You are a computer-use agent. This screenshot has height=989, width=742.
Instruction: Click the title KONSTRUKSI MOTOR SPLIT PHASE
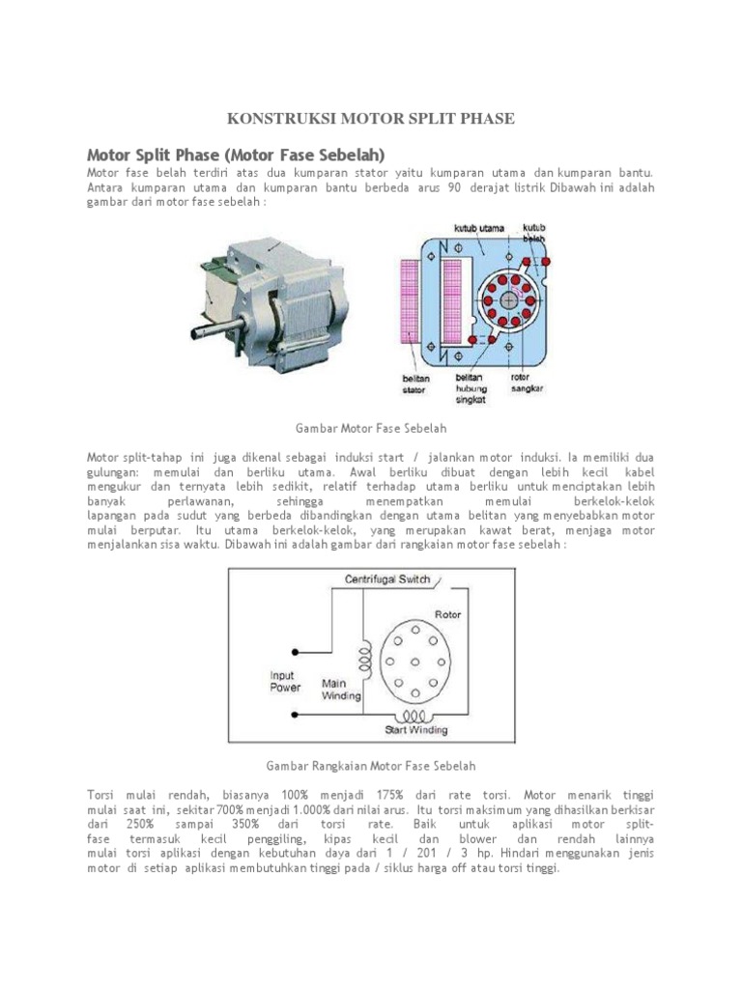point(370,119)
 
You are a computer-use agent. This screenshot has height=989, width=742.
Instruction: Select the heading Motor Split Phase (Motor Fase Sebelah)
point(236,155)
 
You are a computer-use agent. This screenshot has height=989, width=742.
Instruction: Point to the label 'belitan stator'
point(416,384)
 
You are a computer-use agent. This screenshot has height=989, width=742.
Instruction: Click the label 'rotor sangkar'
point(528,382)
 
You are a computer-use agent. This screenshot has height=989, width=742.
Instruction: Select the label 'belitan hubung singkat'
point(472,389)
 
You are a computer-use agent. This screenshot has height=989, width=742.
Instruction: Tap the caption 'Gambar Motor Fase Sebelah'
point(370,427)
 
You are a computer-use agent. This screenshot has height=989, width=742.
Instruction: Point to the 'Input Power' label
point(285,681)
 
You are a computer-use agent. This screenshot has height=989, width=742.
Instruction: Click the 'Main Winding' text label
point(341,689)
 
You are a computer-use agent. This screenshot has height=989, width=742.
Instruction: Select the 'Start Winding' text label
point(416,729)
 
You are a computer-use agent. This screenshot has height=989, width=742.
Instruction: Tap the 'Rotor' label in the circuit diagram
point(447,613)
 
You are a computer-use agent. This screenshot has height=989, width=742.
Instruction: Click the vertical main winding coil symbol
point(364,660)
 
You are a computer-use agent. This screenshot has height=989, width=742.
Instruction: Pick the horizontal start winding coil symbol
point(416,716)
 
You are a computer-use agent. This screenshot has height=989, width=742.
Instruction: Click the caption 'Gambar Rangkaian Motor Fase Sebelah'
point(370,766)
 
